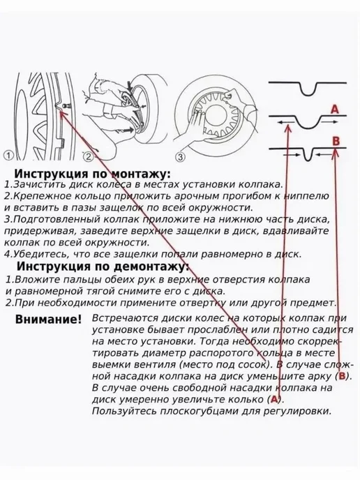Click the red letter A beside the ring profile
pyautogui.click(x=335, y=110)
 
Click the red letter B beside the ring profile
pyautogui.click(x=336, y=141)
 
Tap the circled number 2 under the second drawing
pyautogui.click(x=88, y=157)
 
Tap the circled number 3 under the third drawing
pyautogui.click(x=181, y=158)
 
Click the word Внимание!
pyautogui.click(x=48, y=320)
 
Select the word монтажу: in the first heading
pyautogui.click(x=140, y=174)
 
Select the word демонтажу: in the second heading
pyautogui.click(x=152, y=267)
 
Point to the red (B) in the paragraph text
pyautogui.click(x=343, y=376)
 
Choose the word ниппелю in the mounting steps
pyautogui.click(x=306, y=196)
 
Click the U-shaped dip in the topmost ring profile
pyautogui.click(x=308, y=93)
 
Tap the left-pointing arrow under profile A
pyautogui.click(x=285, y=123)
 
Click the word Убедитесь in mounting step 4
pyautogui.click(x=37, y=255)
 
